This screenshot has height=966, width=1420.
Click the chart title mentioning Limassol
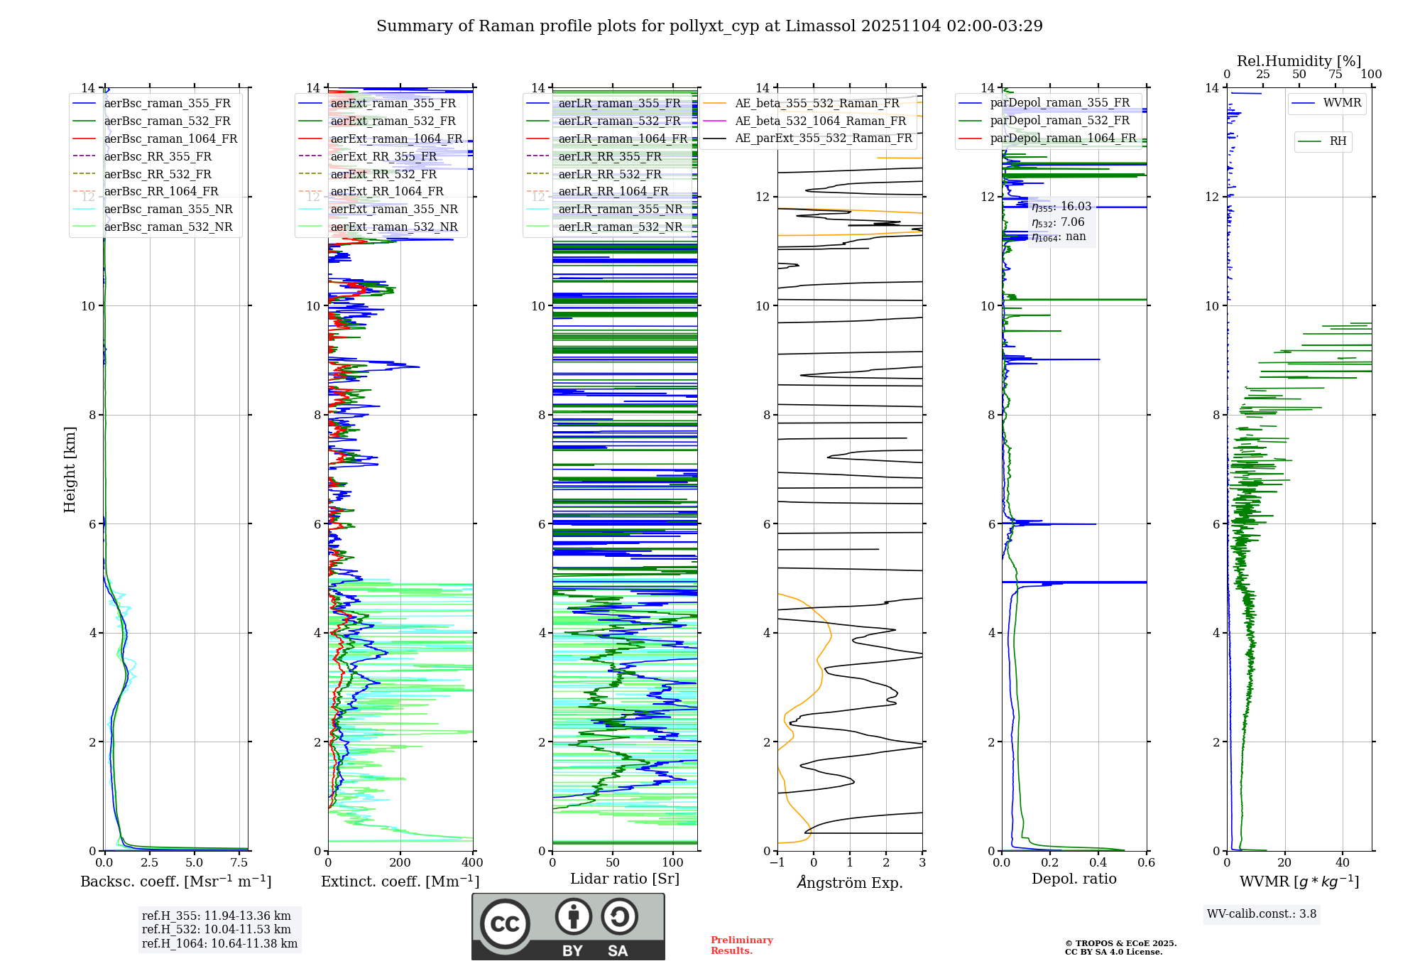pos(709,26)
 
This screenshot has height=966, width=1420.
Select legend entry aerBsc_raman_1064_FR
pos(170,139)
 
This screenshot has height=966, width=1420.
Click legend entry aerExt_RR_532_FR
pos(383,174)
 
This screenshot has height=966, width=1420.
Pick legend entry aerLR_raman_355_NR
pos(620,209)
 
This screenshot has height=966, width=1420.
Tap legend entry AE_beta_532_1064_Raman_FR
pos(820,121)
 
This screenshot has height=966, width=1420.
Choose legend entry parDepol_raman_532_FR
pos(1059,120)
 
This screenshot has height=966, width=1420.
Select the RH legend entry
pos(1338,141)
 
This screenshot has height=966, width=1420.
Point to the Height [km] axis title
pos(70,469)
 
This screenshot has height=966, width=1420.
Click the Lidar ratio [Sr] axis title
pos(625,879)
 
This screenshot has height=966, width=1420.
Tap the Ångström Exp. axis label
pos(850,882)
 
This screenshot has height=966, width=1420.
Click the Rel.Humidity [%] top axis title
pos(1299,61)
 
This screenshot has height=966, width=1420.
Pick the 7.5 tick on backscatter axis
pos(239,863)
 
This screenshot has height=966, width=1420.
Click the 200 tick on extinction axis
pos(400,863)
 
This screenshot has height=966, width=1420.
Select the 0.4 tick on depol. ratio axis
pos(1098,863)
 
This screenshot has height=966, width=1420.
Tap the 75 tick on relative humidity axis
pos(1336,75)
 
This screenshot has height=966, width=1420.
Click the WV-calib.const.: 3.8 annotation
pos(1262,914)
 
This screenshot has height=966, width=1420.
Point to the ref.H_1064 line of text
pos(219,943)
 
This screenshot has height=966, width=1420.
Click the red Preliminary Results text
pos(741,945)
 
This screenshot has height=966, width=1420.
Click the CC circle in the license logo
pos(505,924)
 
